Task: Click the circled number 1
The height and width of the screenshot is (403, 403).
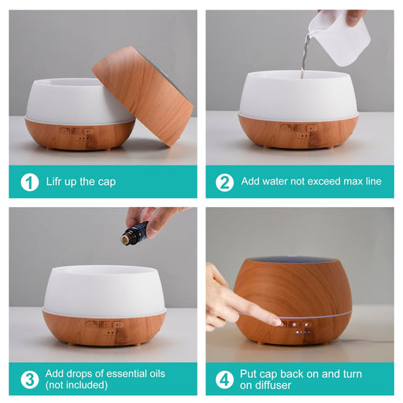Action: tap(30, 182)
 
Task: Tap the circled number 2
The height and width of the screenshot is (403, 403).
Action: tap(224, 182)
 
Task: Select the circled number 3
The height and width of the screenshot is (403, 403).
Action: tap(30, 379)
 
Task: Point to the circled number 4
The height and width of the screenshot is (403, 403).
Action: tap(224, 379)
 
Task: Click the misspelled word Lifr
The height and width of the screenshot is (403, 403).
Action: tap(55, 181)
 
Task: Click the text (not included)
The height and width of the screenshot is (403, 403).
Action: tap(76, 385)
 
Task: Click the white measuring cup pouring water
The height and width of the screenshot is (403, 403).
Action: tap(340, 37)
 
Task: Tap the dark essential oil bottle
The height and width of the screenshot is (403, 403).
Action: tap(135, 233)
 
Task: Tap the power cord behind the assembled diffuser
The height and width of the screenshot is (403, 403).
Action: tap(372, 342)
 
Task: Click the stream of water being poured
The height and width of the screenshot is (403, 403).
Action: tap(305, 54)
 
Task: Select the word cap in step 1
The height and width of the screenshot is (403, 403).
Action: tap(107, 182)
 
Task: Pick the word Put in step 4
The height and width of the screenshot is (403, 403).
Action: tap(249, 374)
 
